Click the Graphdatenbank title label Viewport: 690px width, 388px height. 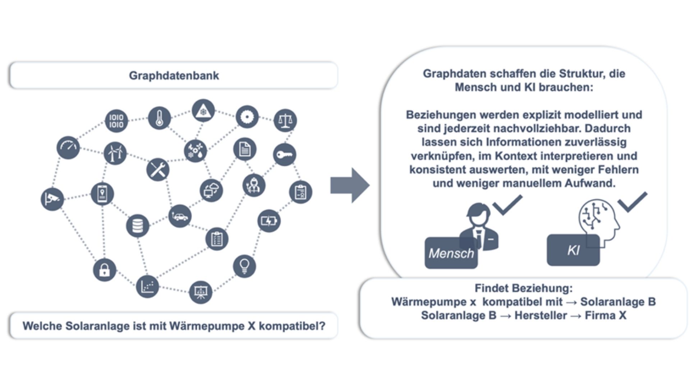[174, 75]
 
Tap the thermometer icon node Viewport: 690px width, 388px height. [159, 118]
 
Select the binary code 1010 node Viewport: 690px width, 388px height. [116, 121]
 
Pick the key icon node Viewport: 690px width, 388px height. [284, 155]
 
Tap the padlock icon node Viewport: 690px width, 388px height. [104, 270]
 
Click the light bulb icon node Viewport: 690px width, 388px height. [244, 266]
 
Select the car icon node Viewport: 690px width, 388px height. [180, 216]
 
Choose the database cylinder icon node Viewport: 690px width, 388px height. [137, 226]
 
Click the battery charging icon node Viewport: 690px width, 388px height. [269, 221]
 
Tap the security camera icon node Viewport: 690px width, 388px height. [52, 199]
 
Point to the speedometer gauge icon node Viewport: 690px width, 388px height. [68, 147]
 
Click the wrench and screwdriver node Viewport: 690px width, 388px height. [158, 169]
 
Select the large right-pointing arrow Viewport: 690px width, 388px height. [349, 185]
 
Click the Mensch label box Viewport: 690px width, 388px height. [451, 253]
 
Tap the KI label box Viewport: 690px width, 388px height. [573, 250]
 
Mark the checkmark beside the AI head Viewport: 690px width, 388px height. [632, 202]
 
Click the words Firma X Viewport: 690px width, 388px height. [606, 315]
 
